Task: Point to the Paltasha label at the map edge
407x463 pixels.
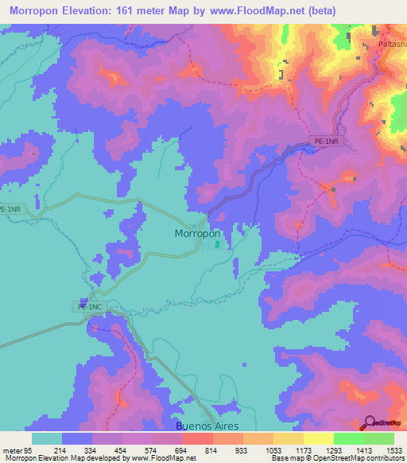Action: [391, 45]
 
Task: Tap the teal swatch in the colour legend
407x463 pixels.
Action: [47, 438]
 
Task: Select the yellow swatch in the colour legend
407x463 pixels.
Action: [318, 438]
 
